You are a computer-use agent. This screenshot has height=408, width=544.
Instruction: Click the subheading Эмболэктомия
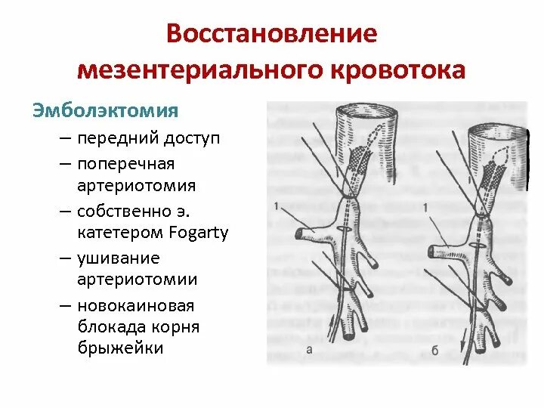[x=105, y=110]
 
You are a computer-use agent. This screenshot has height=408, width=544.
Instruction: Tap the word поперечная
[x=125, y=164]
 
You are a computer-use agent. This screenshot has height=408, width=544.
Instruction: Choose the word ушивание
[x=118, y=258]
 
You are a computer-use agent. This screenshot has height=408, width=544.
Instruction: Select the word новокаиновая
[x=135, y=306]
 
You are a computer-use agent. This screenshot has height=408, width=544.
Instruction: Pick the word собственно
[x=135, y=211]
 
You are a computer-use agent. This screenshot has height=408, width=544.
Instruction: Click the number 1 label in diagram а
[x=277, y=206]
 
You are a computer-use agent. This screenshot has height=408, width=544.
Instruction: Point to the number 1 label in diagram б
[x=427, y=207]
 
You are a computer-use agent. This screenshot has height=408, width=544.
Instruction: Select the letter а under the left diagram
[x=310, y=349]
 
